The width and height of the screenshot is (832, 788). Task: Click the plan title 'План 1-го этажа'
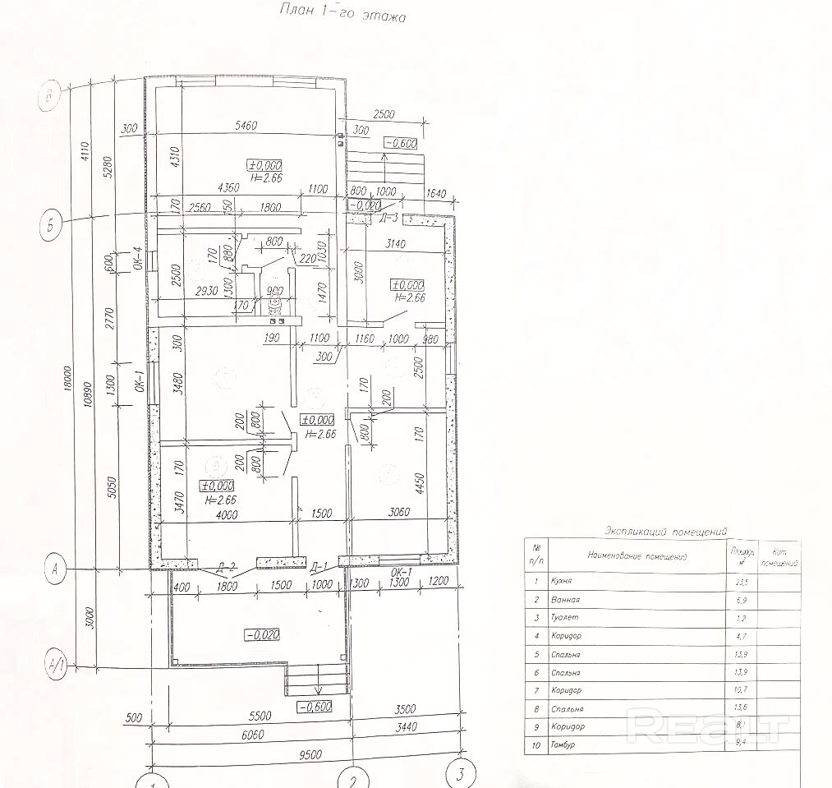point(343,13)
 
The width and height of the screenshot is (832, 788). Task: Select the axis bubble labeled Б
point(52,225)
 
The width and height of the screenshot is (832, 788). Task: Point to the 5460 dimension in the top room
point(246,126)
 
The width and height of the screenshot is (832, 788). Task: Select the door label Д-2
point(228,566)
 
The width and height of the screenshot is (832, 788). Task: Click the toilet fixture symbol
point(274,305)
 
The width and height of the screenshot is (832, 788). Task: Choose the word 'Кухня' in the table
point(563,581)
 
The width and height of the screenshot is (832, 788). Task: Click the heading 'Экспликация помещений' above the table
point(665,532)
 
